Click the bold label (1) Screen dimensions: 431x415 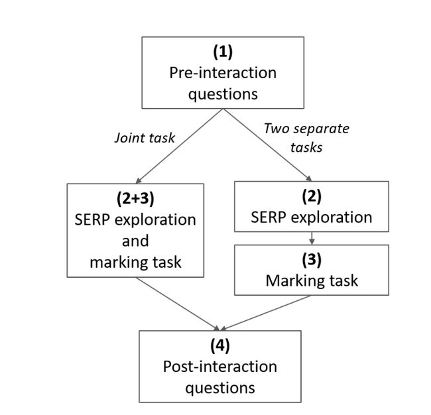point(223,52)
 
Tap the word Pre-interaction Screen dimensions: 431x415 point(223,73)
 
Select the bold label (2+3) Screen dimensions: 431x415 point(135,198)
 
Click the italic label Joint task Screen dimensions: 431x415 point(145,138)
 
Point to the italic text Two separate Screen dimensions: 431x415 point(306,129)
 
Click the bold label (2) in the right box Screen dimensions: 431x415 point(312,196)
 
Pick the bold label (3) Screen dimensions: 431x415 point(312,260)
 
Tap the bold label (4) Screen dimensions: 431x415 point(220,345)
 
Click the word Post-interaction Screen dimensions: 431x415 point(220,367)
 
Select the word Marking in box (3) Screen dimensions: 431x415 point(296,281)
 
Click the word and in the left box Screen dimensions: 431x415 point(135,241)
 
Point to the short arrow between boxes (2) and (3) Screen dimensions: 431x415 point(312,238)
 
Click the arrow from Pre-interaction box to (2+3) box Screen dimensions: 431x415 point(179,146)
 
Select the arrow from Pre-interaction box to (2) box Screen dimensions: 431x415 point(267,145)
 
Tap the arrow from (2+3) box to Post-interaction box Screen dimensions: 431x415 point(178,304)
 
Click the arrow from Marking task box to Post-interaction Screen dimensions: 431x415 point(265,313)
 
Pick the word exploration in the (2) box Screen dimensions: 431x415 point(332,217)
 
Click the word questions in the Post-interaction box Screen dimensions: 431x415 point(220,388)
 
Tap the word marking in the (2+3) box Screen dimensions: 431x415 point(121,263)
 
